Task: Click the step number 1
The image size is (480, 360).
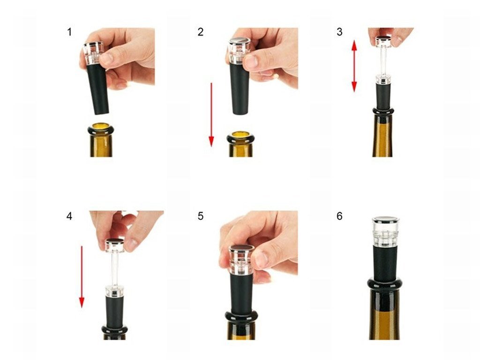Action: (69, 32)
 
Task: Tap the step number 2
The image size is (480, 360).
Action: (201, 32)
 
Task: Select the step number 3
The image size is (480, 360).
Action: (339, 32)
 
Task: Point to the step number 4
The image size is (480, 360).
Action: (69, 216)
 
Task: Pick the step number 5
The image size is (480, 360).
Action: (201, 216)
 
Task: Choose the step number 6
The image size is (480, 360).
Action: (339, 216)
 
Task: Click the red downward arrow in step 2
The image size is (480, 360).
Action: (211, 114)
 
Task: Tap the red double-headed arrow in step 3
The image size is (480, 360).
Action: (354, 66)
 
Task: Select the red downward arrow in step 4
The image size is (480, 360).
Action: (82, 277)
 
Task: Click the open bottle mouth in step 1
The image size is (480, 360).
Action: (101, 126)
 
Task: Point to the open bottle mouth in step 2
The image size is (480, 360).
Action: (241, 135)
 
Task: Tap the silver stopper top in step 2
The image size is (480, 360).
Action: (240, 41)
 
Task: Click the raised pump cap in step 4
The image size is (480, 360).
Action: (115, 245)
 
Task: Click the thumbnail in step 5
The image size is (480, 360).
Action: (261, 260)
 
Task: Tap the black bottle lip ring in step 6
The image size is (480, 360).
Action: (385, 285)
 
